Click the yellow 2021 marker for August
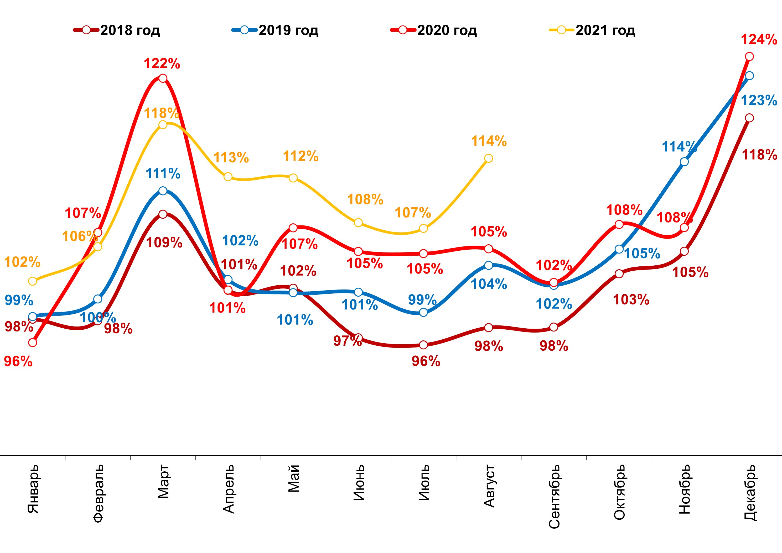tap(488, 158)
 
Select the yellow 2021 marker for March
tap(163, 125)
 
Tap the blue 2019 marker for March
tap(163, 191)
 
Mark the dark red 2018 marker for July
tap(423, 345)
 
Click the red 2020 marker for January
tap(33, 343)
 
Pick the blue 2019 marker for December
tap(749, 76)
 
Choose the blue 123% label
tap(759, 101)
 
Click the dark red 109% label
tap(164, 243)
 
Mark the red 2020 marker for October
tap(619, 225)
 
